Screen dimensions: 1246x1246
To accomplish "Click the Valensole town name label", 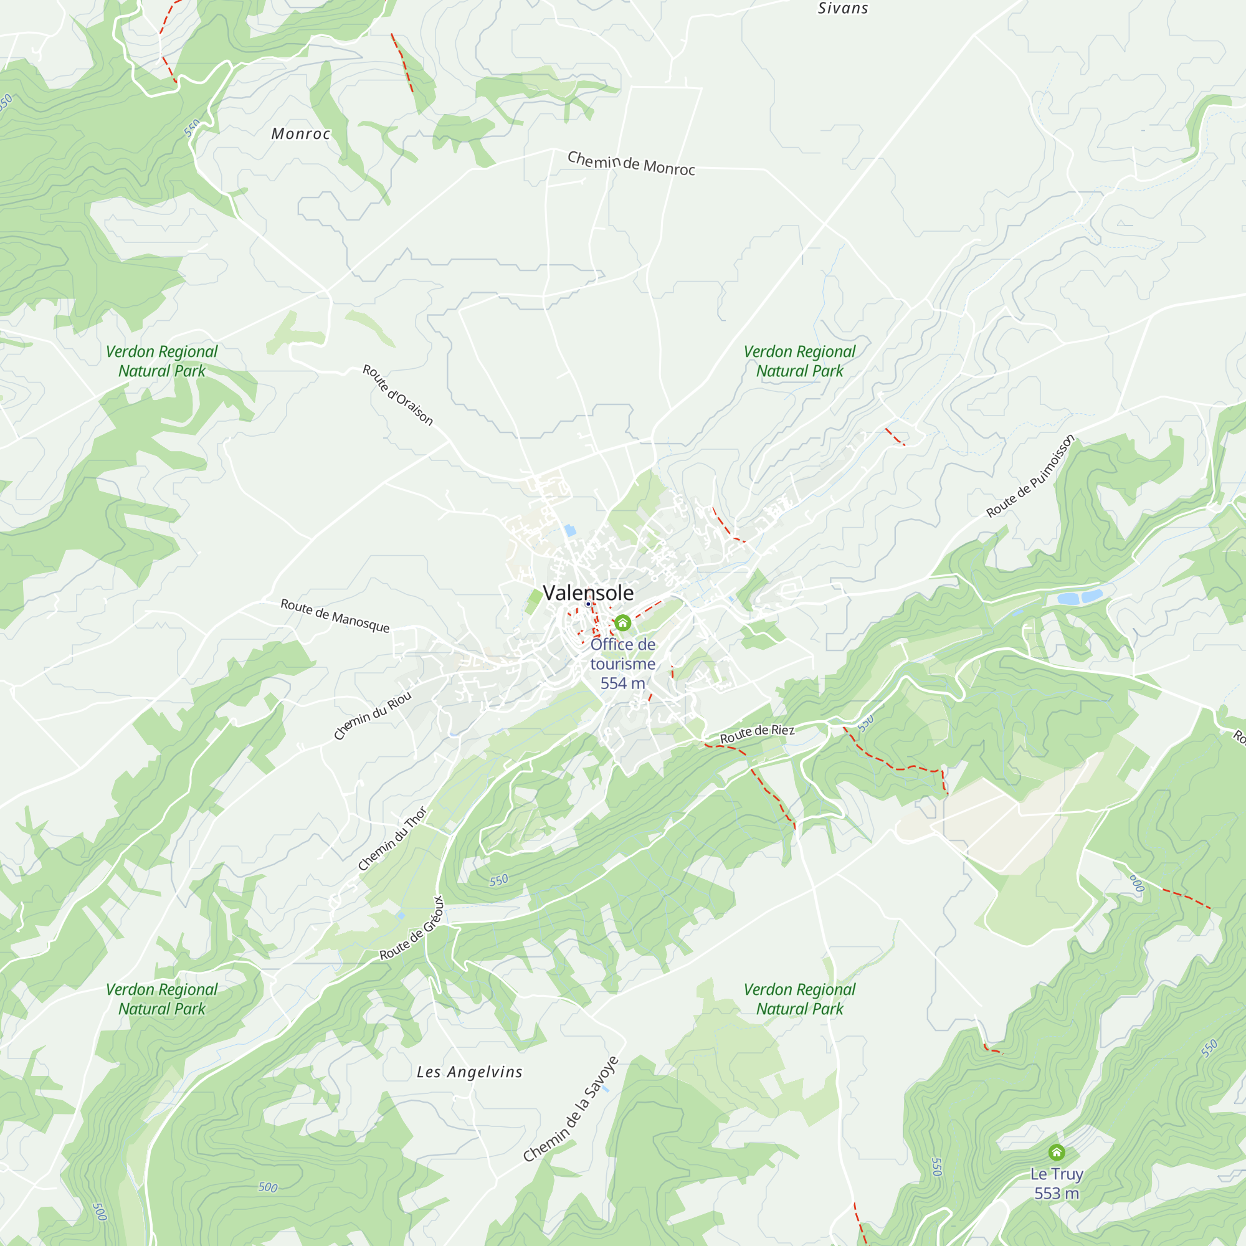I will coord(587,592).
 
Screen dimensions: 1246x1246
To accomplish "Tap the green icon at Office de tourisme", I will coord(622,623).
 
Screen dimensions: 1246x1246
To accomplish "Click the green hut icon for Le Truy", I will coord(1057,1153).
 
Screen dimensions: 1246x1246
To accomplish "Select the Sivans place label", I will coord(842,8).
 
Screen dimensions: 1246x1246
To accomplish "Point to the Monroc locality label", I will coord(300,134).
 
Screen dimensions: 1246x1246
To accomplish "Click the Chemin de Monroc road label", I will coord(630,164).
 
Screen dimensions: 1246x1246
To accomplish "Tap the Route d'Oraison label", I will coord(397,395).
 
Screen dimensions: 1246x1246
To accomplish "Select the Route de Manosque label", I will coord(335,616).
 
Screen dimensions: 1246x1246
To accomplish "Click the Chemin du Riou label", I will coord(372,716).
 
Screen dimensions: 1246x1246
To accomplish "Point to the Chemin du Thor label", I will coord(392,839).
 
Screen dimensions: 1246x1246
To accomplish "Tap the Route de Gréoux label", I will coord(411,929).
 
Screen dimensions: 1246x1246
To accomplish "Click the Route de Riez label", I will coord(756,733).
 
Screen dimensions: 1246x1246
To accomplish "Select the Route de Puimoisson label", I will coord(1030,476).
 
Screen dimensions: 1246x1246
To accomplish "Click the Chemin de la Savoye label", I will coord(570,1110).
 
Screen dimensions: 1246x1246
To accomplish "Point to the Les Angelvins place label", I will coord(469,1072).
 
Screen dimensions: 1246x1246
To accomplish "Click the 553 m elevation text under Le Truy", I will coord(1057,1193).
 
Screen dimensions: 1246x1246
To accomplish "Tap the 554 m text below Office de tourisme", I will coord(622,683).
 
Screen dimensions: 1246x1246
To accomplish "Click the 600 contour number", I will coord(1136,883).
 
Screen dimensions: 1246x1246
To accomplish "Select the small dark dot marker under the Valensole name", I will coord(587,604).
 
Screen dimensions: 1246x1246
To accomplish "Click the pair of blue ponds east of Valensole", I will coord(1080,597).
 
